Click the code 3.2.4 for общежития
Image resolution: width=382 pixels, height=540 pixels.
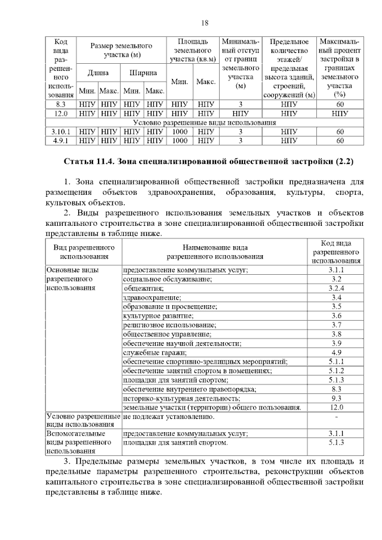tap(336, 288)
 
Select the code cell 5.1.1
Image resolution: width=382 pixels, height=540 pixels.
tap(336, 361)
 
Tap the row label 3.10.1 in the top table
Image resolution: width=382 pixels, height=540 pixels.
tap(61, 132)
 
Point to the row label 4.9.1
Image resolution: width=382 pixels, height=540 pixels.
tap(61, 141)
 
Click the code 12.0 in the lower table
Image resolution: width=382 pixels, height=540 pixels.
tap(336, 407)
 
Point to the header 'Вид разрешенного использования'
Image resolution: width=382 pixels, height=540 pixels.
tap(84, 252)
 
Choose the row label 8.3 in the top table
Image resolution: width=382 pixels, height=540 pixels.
tap(61, 104)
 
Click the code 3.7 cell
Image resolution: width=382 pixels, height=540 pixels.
tap(336, 325)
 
